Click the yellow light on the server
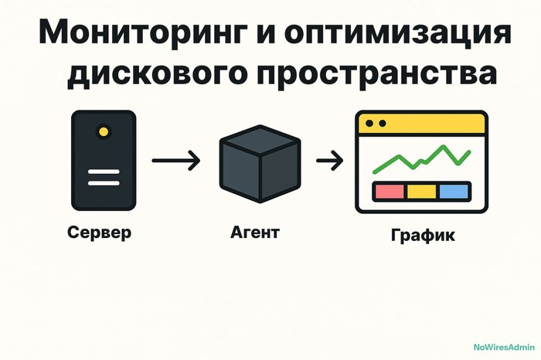tap(103, 132)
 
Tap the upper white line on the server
tap(103, 172)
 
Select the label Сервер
tap(99, 232)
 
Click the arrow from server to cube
tap(175, 161)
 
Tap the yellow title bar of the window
tap(420, 124)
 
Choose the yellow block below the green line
tap(421, 191)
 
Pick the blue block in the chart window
tap(454, 191)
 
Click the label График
tap(421, 236)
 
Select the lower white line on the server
tap(103, 183)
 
